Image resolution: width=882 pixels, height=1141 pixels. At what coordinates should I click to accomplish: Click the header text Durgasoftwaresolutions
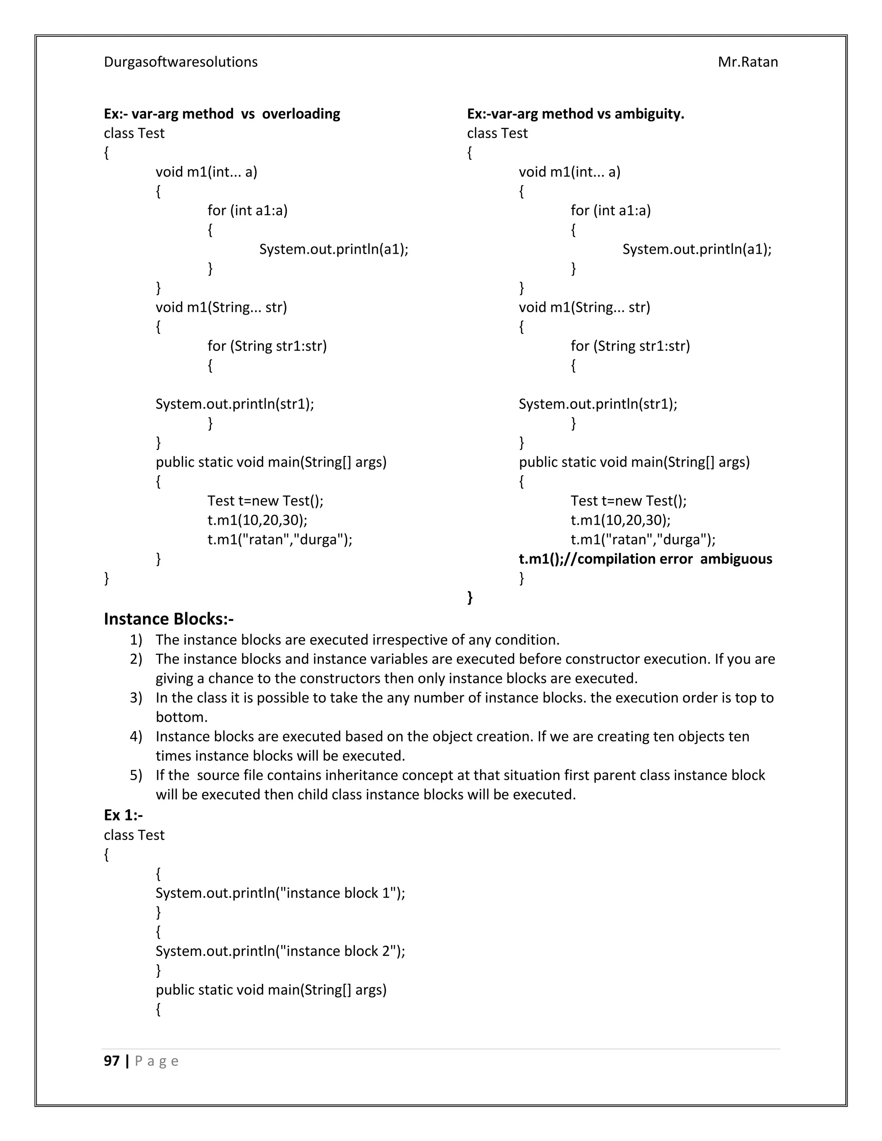[180, 62]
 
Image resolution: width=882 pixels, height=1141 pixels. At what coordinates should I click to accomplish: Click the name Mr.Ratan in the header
[747, 62]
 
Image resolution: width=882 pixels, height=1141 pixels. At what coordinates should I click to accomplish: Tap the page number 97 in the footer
[112, 1060]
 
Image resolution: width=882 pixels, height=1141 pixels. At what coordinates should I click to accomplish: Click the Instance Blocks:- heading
[168, 619]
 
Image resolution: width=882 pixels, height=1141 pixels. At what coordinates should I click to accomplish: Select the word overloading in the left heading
[301, 114]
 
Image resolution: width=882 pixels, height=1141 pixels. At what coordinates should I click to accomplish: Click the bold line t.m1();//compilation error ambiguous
[645, 559]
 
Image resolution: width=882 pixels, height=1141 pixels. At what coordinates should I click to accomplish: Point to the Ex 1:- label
[123, 815]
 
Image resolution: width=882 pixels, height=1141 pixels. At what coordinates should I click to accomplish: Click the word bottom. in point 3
[181, 717]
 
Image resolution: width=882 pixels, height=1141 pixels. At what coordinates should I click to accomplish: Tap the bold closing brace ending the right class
[470, 597]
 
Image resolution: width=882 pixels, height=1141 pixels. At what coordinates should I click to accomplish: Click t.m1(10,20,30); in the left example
[257, 521]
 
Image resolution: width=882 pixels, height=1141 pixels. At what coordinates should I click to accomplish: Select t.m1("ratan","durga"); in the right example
[643, 539]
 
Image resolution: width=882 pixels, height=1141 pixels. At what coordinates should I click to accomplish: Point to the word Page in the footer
[157, 1061]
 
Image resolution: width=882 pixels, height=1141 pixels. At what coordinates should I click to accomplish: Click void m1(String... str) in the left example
[221, 307]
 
